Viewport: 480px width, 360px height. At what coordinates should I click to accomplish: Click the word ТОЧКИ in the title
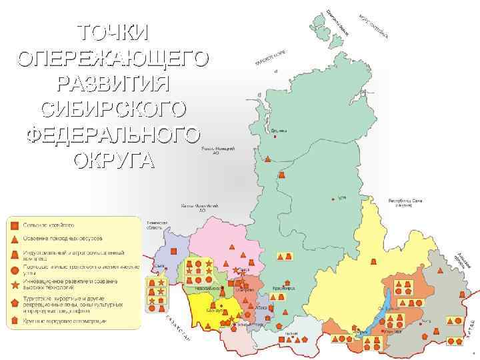tap(113, 31)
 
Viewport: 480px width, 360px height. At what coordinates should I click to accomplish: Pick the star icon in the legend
tap(14, 284)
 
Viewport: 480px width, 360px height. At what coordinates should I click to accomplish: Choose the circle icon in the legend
tap(14, 269)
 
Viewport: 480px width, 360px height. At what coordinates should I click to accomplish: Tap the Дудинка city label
tap(279, 131)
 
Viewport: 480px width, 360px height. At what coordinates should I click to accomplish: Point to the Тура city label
tap(341, 197)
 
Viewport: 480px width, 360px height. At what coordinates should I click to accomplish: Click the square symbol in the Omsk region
tap(173, 251)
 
